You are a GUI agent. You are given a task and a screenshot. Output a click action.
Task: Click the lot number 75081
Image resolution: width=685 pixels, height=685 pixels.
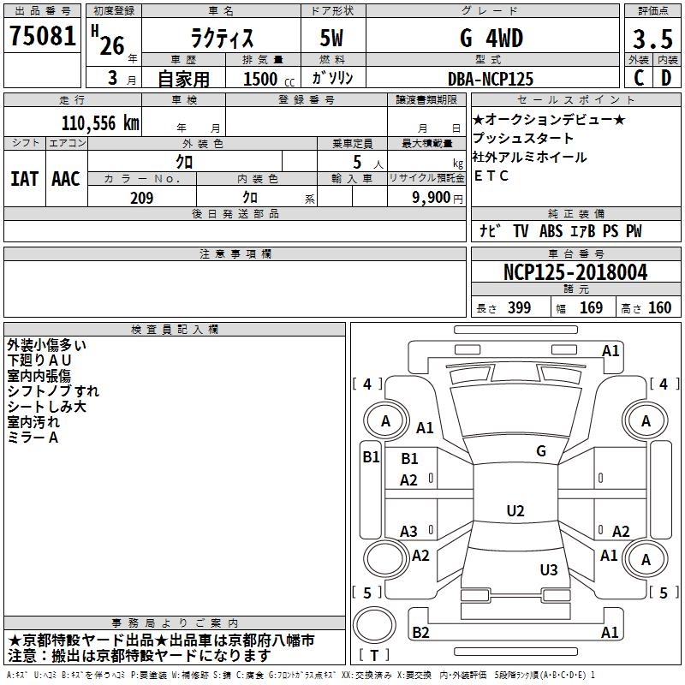(42, 37)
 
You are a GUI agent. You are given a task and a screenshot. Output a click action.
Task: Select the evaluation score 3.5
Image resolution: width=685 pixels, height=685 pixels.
(651, 39)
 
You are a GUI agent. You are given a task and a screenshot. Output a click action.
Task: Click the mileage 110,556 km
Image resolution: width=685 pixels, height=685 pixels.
(100, 123)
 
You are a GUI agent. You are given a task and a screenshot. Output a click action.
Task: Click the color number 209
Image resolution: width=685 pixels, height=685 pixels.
(141, 198)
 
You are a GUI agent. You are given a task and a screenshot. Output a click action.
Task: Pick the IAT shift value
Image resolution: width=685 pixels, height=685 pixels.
(24, 178)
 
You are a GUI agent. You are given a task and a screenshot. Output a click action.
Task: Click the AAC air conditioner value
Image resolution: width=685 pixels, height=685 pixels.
(65, 178)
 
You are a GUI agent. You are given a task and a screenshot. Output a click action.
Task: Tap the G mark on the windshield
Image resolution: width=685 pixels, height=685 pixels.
(540, 450)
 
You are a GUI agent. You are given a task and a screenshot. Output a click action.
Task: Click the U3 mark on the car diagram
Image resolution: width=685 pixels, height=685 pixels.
(548, 570)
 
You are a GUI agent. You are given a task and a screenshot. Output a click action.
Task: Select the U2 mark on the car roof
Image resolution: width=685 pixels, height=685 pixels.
(515, 511)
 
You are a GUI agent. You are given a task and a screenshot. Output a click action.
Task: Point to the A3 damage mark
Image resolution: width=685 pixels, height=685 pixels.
(408, 531)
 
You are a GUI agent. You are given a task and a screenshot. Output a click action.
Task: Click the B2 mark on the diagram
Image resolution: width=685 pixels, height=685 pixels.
(420, 632)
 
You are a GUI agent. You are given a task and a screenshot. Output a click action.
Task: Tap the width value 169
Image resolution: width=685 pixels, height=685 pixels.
(591, 308)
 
